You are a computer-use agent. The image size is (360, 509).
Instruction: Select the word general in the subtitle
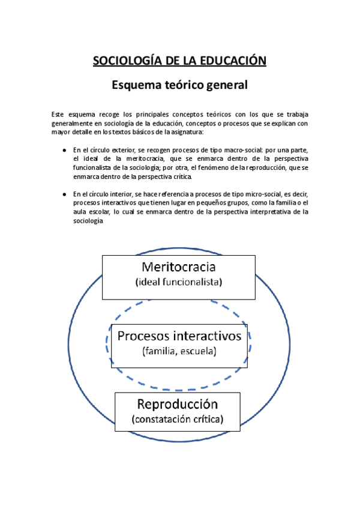point(224,85)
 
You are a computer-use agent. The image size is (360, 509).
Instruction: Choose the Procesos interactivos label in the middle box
point(179,336)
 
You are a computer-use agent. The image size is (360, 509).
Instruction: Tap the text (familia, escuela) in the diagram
point(179,351)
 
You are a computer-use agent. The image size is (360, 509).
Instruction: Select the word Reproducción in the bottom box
point(177,404)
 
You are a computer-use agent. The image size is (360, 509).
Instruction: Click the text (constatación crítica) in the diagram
point(177,420)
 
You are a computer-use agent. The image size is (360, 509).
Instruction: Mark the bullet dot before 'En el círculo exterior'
point(64,150)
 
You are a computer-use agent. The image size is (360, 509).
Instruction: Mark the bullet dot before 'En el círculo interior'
point(64,194)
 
